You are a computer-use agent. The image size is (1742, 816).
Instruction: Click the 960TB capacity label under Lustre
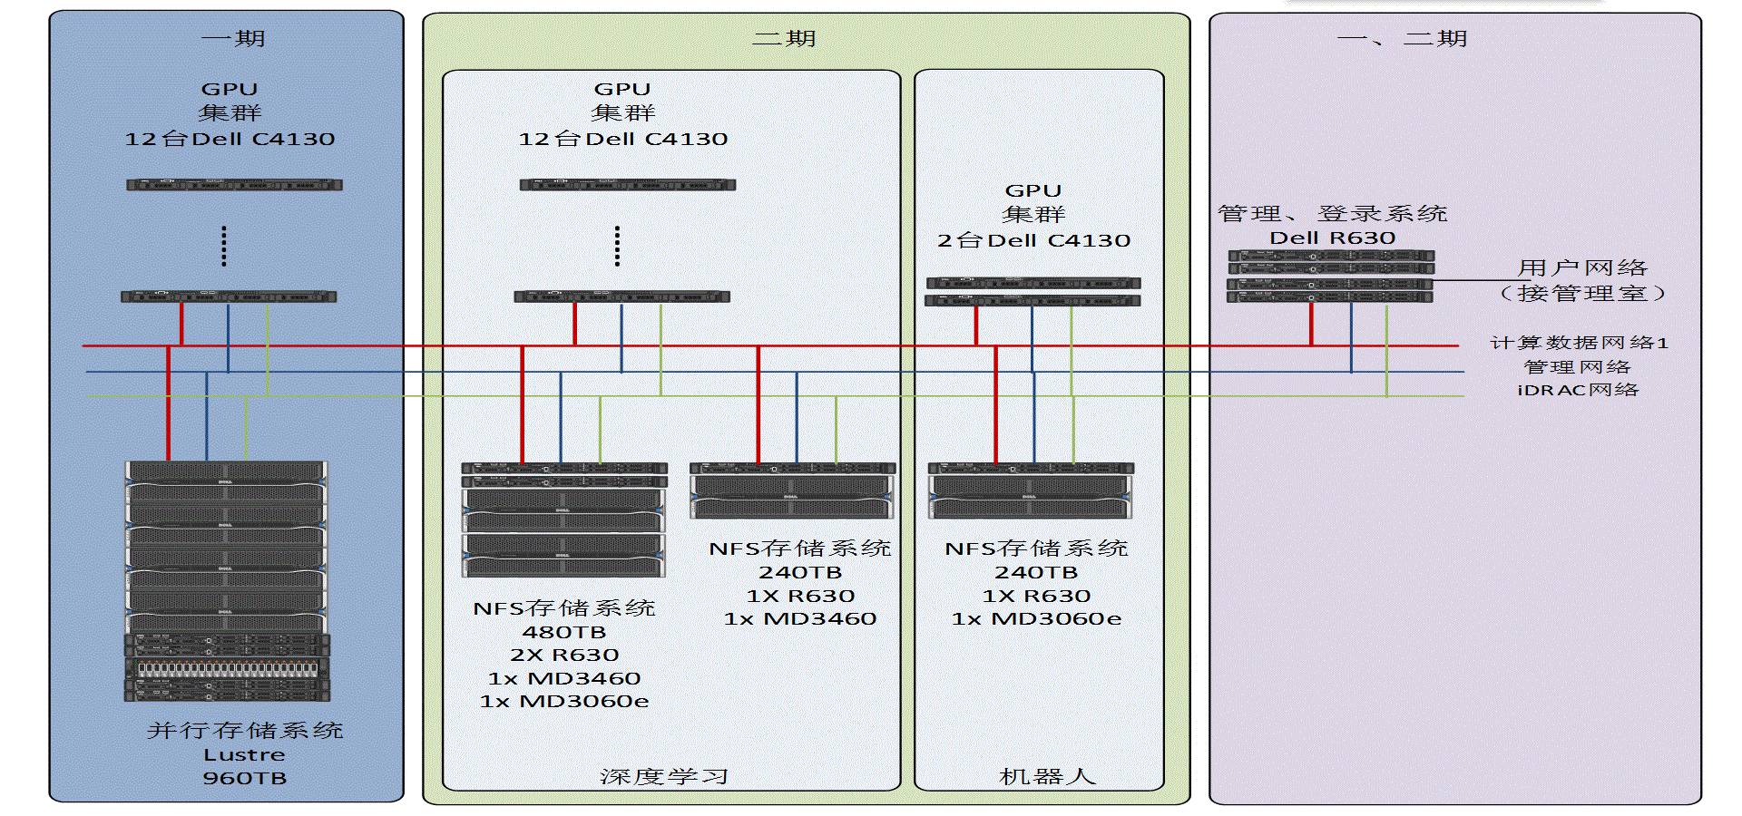click(244, 778)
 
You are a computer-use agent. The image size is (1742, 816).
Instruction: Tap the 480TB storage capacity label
click(563, 632)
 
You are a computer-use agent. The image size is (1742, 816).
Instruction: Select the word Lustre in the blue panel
click(244, 754)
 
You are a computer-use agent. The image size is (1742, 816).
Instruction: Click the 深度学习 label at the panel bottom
click(663, 776)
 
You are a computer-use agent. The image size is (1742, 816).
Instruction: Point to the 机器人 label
click(1047, 776)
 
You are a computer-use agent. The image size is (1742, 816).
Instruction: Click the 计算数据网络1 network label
click(1579, 343)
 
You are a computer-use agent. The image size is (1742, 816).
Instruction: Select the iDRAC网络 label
click(1578, 390)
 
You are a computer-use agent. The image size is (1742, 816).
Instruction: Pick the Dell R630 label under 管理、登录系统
click(1332, 238)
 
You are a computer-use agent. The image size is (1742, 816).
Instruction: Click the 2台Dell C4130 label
click(1033, 240)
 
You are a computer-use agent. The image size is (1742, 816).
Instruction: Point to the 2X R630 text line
click(563, 655)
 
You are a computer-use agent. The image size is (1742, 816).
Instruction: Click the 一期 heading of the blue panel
click(232, 38)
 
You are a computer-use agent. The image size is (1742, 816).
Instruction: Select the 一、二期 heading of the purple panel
click(1402, 38)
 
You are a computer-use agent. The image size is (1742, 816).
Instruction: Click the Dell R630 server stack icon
click(1330, 277)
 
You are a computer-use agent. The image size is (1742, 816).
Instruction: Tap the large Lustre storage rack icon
click(226, 580)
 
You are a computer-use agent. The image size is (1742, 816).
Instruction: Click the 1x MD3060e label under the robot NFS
click(1036, 618)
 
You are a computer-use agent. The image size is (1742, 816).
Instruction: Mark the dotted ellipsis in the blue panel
click(224, 246)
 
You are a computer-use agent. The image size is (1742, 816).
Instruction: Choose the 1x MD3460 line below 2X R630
click(563, 678)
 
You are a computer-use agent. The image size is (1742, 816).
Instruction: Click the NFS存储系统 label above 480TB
click(563, 607)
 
